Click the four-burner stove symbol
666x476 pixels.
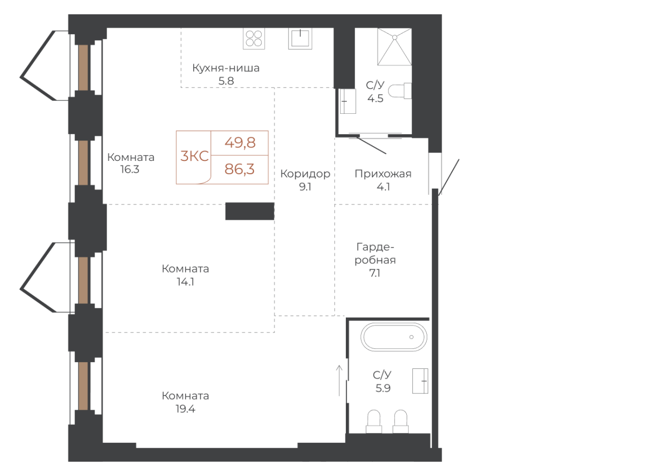pyautogui.click(x=254, y=38)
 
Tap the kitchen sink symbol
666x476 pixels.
pyautogui.click(x=300, y=38)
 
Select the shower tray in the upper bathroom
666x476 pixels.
pyautogui.click(x=394, y=47)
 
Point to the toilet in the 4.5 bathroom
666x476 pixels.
pyautogui.click(x=398, y=91)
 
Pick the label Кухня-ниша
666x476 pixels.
pyautogui.click(x=226, y=68)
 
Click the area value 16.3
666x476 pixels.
pyautogui.click(x=130, y=170)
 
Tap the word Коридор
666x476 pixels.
pyautogui.click(x=305, y=174)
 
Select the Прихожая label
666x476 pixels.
pyautogui.click(x=383, y=174)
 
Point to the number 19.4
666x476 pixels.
pyautogui.click(x=185, y=409)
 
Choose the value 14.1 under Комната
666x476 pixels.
pyautogui.click(x=185, y=282)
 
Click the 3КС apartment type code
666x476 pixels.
pyautogui.click(x=195, y=156)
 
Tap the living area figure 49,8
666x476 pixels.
pyautogui.click(x=240, y=142)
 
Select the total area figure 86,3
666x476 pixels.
pyautogui.click(x=240, y=169)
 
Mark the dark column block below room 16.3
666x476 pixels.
pyautogui.click(x=249, y=211)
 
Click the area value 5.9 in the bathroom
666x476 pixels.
pyautogui.click(x=383, y=388)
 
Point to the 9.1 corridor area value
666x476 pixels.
pyautogui.click(x=305, y=187)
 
